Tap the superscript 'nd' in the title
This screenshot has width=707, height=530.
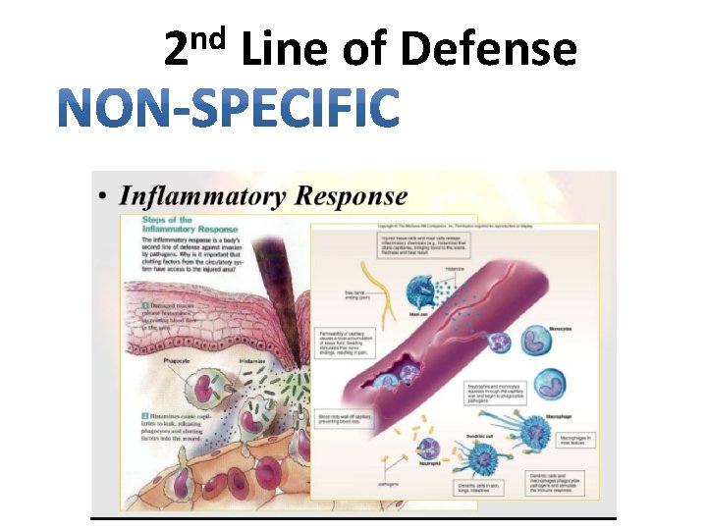(x=209, y=37)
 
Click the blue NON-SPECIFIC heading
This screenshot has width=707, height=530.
(x=228, y=108)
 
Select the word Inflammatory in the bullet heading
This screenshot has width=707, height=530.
(x=204, y=195)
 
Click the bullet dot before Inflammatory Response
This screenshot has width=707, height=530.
(x=104, y=197)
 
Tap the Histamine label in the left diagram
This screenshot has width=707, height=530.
(x=253, y=361)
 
